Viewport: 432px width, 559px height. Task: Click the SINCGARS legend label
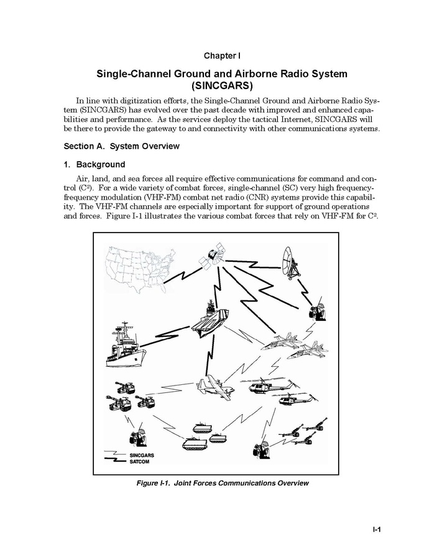coord(142,455)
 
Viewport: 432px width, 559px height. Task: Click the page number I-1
coord(376,530)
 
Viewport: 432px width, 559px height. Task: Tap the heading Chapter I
coord(216,55)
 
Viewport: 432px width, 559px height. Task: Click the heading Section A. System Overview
coord(122,146)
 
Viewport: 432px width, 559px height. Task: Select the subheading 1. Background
coord(94,165)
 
